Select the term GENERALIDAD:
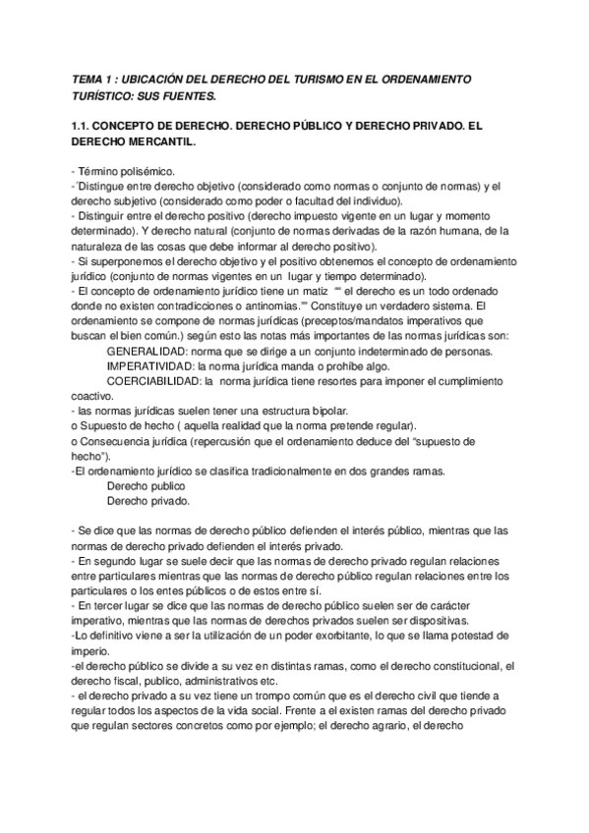tap(146, 352)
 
